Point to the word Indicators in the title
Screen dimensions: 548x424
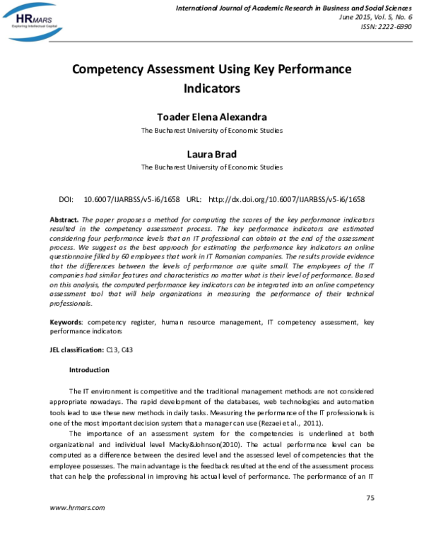[x=212, y=89]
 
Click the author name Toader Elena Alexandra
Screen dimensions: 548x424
[x=212, y=117]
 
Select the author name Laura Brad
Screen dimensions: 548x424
[x=212, y=154]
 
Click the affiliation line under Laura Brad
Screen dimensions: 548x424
[x=212, y=167]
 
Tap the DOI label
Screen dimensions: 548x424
[x=66, y=200]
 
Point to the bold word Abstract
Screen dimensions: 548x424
[x=64, y=220]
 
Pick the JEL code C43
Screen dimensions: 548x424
[x=128, y=349]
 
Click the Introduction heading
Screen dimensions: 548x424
[x=89, y=370]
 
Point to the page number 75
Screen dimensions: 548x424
[x=370, y=499]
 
